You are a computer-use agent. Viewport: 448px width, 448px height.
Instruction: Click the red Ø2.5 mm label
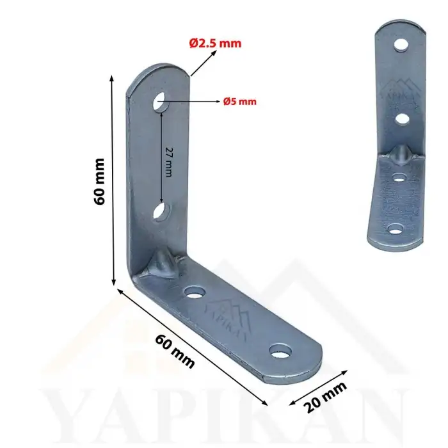(215, 44)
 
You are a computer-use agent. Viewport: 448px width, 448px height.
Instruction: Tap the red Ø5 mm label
(240, 101)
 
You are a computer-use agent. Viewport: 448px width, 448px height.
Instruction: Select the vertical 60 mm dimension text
(99, 181)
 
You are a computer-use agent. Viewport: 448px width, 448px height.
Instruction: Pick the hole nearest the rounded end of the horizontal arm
(280, 351)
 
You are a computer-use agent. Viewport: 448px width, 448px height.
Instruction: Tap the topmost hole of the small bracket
(401, 45)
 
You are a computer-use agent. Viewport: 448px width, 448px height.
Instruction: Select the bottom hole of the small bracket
(396, 229)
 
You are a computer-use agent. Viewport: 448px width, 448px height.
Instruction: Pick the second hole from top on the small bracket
(402, 118)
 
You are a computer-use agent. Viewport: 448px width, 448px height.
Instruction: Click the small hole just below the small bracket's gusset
(399, 176)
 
